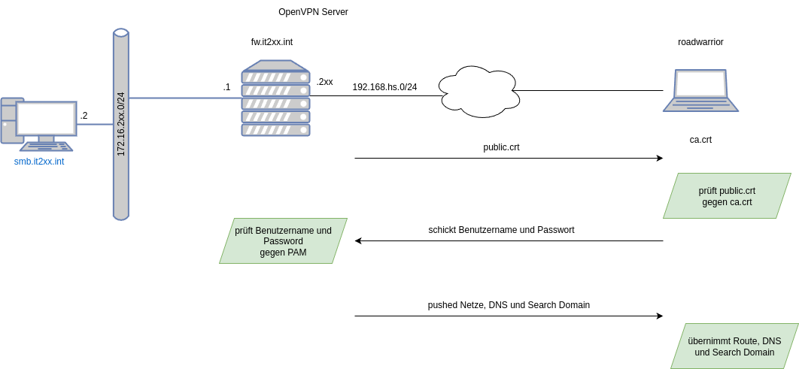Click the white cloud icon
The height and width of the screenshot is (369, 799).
[x=479, y=92]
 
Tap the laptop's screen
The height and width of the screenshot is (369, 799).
[x=700, y=83]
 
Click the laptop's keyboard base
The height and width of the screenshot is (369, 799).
[x=700, y=106]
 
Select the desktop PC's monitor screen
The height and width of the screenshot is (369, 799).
[x=47, y=118]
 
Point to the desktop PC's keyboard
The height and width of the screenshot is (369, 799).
[x=47, y=147]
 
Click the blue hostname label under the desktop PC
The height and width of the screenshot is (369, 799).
[x=39, y=162]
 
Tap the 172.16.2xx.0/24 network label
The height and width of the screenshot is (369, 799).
[x=121, y=124]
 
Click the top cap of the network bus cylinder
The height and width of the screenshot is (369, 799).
[x=121, y=33]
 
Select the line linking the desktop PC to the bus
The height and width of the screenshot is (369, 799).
[x=95, y=124]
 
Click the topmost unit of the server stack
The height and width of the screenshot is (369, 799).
[x=275, y=77]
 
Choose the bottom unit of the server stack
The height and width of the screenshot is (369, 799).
[x=275, y=129]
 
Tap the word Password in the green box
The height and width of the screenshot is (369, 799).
[x=283, y=241]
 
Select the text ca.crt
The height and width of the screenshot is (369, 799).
[x=738, y=202]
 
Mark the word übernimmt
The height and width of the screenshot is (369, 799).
[x=709, y=341]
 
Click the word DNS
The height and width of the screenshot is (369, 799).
[x=772, y=341]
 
